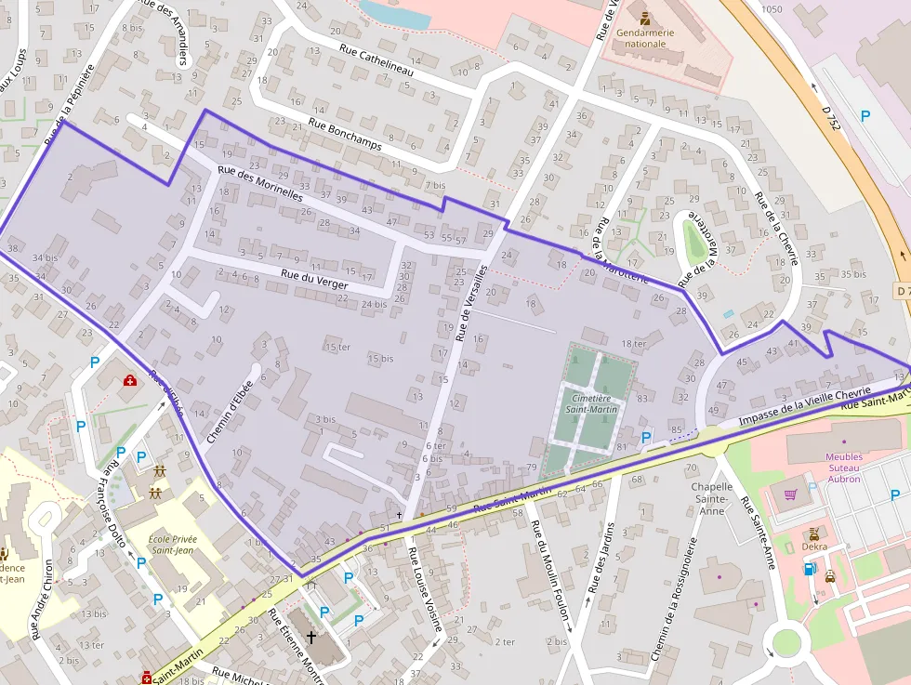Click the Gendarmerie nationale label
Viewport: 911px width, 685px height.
click(645, 38)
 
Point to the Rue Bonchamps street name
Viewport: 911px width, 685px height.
click(346, 134)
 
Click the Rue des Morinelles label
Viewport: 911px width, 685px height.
click(260, 183)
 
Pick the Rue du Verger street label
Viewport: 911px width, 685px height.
click(314, 278)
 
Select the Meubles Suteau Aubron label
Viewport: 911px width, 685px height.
click(843, 468)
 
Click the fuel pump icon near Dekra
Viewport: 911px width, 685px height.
click(808, 569)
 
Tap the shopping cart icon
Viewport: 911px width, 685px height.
click(791, 495)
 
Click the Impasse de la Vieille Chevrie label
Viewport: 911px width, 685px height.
click(804, 407)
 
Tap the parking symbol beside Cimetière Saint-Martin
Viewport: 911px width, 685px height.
click(646, 437)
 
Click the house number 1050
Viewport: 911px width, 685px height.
click(771, 8)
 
